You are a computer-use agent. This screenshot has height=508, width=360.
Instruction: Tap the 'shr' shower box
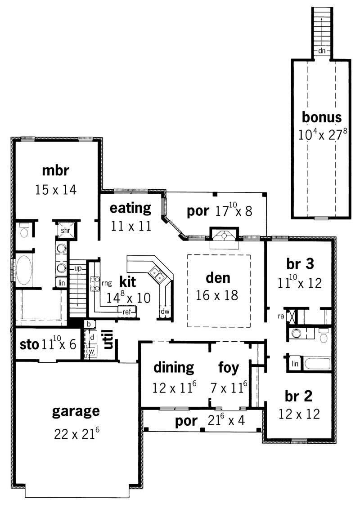coord(63,230)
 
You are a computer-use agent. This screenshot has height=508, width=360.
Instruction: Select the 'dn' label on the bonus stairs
coord(321,51)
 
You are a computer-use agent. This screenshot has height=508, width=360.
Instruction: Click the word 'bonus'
coord(321,118)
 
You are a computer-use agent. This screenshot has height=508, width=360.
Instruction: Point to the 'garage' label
coord(76,411)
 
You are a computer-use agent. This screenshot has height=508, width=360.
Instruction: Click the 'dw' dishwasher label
coord(164,311)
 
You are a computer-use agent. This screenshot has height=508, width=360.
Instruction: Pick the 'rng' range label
coord(106,283)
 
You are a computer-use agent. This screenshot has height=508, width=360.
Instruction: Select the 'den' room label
coord(218,278)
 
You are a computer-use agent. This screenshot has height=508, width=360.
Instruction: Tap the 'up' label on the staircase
coord(78,268)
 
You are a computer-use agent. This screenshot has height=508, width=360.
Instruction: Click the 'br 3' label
coord(300,264)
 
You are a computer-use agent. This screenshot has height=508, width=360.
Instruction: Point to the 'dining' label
coord(174,368)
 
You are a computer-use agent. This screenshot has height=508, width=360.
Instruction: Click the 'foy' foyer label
coord(229,368)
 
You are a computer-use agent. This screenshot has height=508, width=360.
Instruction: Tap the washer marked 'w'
coord(91,351)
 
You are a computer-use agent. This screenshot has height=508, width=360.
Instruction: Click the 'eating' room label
coord(130,208)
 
